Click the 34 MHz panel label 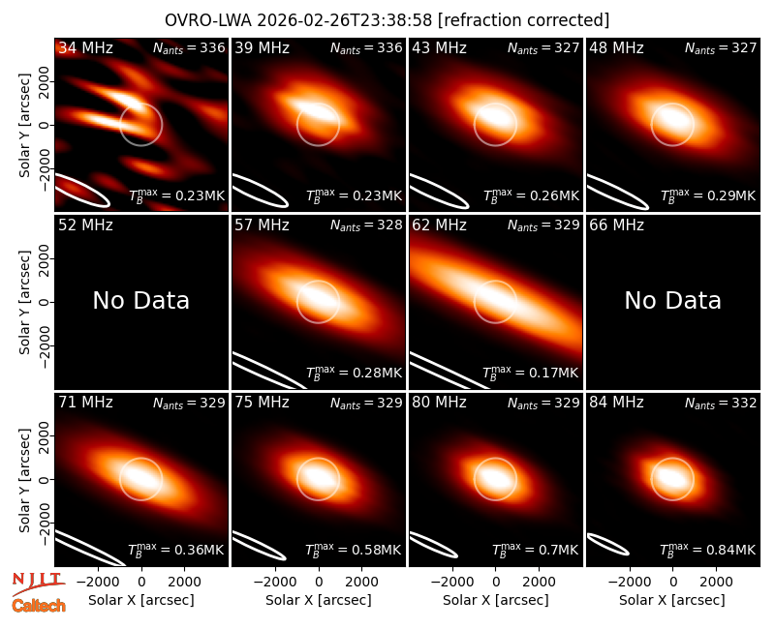[85, 47]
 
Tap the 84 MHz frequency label [616, 403]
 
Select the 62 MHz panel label [440, 225]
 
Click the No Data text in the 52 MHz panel [141, 301]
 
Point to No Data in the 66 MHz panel [673, 301]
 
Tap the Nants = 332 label [721, 404]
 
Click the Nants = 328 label [366, 225]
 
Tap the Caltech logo [39, 606]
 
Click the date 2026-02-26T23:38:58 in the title [345, 20]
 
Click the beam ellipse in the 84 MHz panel [607, 545]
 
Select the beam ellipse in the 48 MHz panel [617, 192]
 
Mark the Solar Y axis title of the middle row [24, 302]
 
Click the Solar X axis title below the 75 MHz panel [319, 600]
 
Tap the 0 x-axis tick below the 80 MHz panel [496, 582]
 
